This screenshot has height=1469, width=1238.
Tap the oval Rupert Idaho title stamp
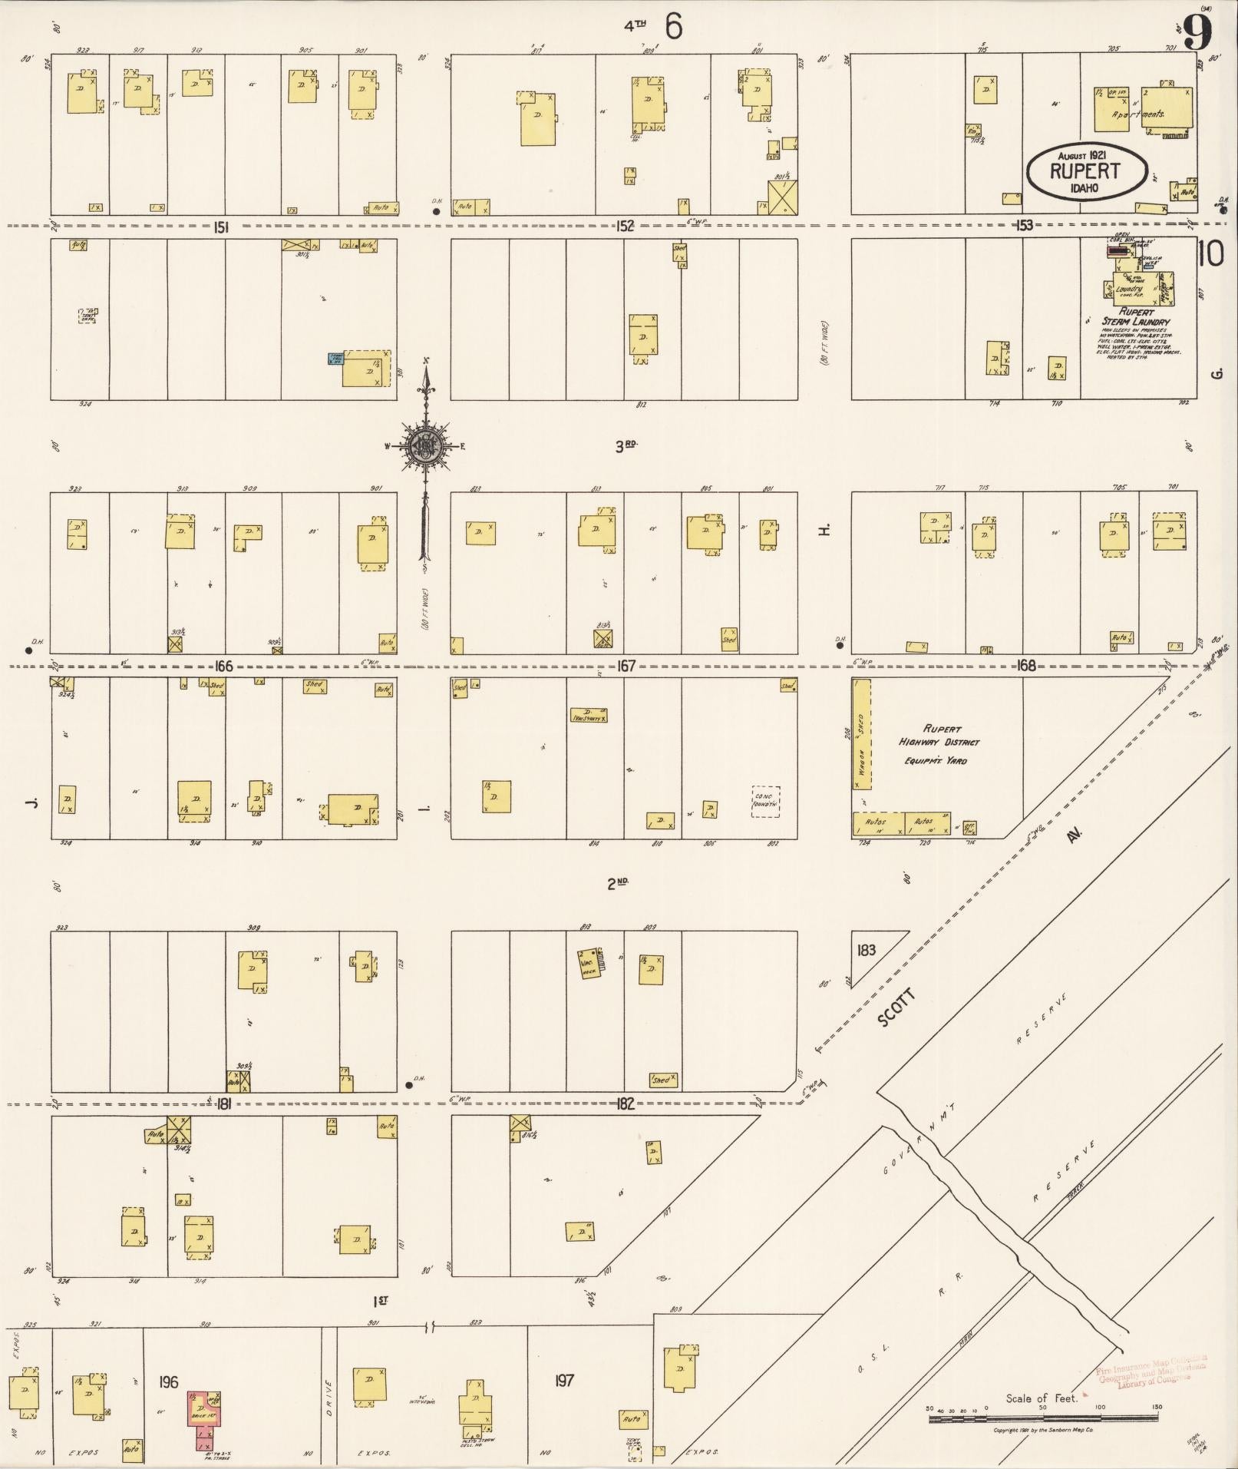(1086, 172)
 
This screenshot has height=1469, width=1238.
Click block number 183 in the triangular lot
(866, 950)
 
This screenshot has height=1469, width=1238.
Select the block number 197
(564, 1381)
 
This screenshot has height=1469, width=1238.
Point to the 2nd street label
(618, 883)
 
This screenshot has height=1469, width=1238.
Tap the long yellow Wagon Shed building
(861, 733)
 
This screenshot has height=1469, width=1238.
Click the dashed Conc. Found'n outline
(765, 801)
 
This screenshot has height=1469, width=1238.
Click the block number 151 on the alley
(223, 227)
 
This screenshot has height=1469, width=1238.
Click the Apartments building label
(1138, 114)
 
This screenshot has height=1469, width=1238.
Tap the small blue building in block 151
(335, 358)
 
